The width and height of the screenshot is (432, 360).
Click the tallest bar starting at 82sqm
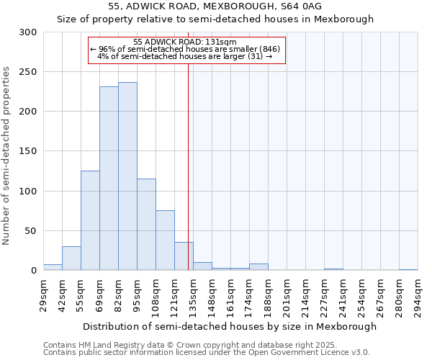point(127,176)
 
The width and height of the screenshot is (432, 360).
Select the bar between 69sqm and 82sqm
point(109,179)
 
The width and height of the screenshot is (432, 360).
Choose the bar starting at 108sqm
point(165,240)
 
